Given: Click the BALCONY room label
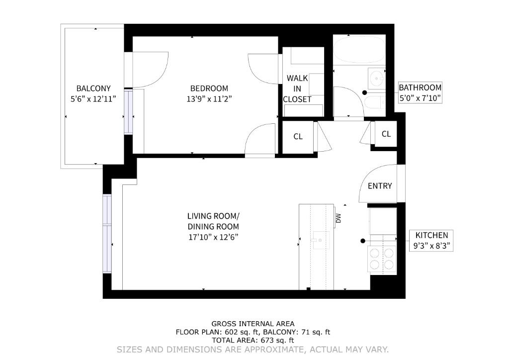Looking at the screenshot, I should click(x=93, y=89).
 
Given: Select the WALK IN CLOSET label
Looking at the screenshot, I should click(x=297, y=89).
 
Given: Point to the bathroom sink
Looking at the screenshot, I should click(x=377, y=78).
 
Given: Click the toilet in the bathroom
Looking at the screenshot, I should click(x=373, y=103).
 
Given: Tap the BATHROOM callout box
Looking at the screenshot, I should click(x=420, y=93).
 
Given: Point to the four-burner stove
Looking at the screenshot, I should click(x=382, y=258).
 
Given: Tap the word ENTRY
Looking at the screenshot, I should click(x=380, y=186).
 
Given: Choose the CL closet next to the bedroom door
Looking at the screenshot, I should click(x=298, y=137).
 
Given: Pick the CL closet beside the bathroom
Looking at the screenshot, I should click(x=386, y=134).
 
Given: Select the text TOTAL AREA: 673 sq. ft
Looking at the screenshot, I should click(x=253, y=341).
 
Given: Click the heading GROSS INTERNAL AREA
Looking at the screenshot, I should click(x=253, y=323).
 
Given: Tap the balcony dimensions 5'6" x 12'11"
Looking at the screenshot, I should click(x=93, y=98).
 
